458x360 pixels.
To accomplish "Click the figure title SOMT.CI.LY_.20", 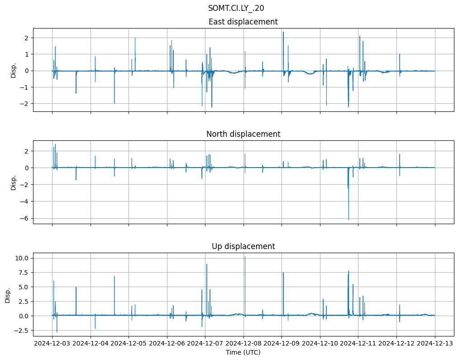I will [x=236, y=8].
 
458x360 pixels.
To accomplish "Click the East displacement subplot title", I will [x=243, y=22].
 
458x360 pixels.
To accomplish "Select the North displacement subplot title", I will [x=243, y=134].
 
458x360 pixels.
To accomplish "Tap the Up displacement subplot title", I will [x=243, y=246].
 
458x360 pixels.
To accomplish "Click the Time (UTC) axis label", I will [x=243, y=352].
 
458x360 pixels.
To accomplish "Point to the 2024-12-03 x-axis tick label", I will [x=52, y=344].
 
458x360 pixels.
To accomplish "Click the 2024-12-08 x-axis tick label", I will [x=243, y=344].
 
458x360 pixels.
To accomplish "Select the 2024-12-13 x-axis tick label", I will [x=435, y=344].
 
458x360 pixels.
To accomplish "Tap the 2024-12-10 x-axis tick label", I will [x=320, y=344].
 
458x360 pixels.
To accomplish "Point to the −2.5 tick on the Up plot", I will [x=21, y=331].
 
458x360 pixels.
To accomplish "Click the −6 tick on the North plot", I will [x=25, y=218].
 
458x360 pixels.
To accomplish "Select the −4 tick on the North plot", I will [x=25, y=202].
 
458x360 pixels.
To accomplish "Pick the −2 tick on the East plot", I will [x=25, y=104].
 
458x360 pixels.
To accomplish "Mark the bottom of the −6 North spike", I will [x=348, y=220].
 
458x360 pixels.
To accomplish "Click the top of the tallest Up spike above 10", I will [x=245, y=257].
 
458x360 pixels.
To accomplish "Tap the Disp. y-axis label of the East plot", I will [x=13, y=70].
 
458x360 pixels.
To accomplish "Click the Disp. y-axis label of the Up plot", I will [x=8, y=295].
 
